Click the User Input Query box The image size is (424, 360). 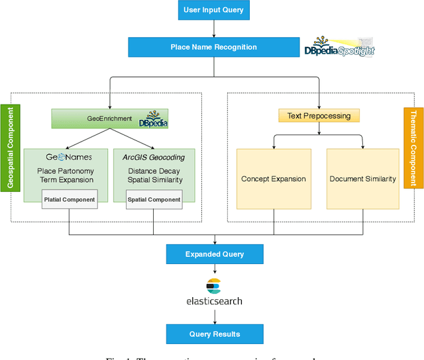(x=214, y=11)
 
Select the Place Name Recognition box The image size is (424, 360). (x=214, y=48)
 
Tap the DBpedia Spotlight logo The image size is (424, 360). (x=339, y=47)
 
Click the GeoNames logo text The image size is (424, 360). (x=68, y=157)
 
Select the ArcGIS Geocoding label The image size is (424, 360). (x=153, y=157)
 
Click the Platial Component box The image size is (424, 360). (x=69, y=199)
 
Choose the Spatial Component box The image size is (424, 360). (x=154, y=199)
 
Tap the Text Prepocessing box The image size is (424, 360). (x=319, y=116)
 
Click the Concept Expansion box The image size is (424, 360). (x=274, y=179)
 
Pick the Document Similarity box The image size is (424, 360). (x=362, y=179)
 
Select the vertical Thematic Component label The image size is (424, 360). (x=413, y=148)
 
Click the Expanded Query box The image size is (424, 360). (x=214, y=254)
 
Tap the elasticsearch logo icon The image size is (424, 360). (x=213, y=286)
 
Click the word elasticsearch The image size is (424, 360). (x=214, y=301)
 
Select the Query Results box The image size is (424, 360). (x=214, y=334)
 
